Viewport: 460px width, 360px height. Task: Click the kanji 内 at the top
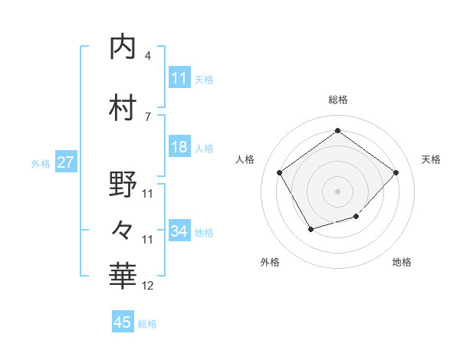click(x=123, y=47)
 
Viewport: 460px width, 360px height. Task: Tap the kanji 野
click(x=123, y=185)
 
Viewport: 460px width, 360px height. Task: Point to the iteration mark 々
click(x=123, y=228)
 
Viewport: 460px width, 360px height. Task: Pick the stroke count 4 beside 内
click(x=148, y=56)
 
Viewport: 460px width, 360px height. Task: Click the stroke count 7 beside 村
click(x=148, y=117)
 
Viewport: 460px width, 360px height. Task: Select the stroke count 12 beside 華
click(x=148, y=286)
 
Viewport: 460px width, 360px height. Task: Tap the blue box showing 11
click(x=179, y=78)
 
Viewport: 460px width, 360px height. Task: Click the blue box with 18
click(x=179, y=147)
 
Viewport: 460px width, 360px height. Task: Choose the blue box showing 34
click(x=179, y=231)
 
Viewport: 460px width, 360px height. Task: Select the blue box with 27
click(x=65, y=162)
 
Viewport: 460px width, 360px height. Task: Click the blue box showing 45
click(x=123, y=322)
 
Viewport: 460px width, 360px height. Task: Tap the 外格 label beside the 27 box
click(x=40, y=163)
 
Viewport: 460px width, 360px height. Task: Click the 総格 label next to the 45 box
click(x=147, y=324)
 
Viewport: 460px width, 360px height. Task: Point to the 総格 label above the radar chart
click(x=337, y=100)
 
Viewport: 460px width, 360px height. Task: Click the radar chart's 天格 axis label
click(x=431, y=159)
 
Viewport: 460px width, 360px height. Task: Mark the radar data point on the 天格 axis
click(x=396, y=172)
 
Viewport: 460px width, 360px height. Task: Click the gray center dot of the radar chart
click(x=337, y=191)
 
